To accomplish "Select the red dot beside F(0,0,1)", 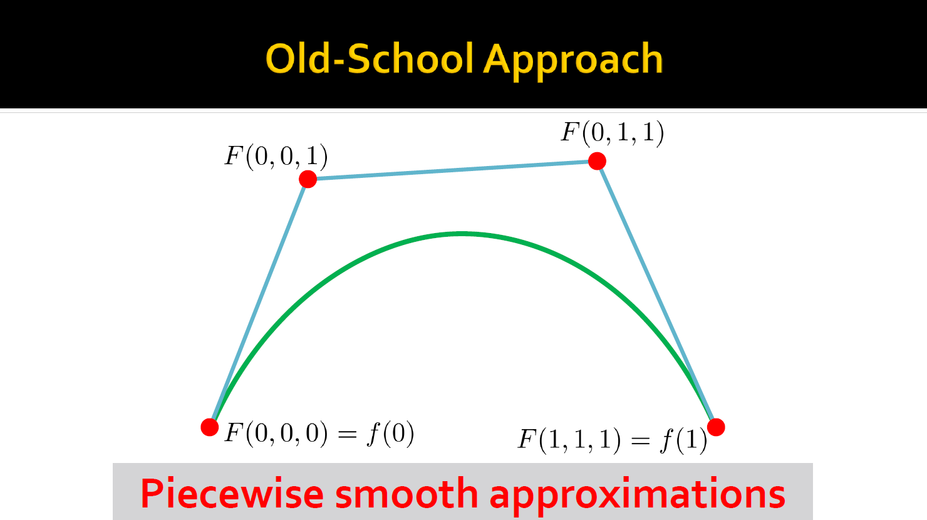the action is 308,179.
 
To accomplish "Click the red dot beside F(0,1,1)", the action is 597,161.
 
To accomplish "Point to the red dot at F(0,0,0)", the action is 210,427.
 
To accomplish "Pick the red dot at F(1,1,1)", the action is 716,427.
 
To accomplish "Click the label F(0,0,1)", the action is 276,157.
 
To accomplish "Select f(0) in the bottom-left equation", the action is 390,434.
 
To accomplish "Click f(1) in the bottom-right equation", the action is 684,440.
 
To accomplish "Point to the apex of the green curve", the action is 462,234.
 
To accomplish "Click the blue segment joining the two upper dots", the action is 452,170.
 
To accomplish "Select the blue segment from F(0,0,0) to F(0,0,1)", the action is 259,303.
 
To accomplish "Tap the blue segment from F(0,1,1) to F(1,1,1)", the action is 657,294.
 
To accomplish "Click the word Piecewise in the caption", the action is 232,494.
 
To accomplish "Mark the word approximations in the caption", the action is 638,495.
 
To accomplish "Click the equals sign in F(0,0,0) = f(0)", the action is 347,434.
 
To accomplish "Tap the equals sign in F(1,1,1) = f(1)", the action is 641,440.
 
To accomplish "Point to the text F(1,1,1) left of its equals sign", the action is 569,440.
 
